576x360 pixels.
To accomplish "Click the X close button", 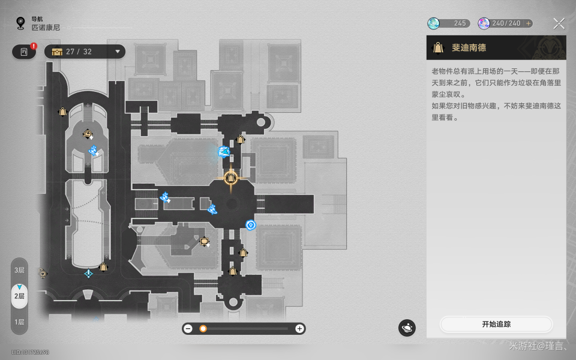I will (x=559, y=23).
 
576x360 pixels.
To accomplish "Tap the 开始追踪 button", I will (x=496, y=324).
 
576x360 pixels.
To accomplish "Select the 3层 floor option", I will (x=20, y=270).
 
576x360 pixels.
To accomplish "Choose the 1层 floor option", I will (x=20, y=322).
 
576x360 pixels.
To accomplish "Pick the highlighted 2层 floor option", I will (x=20, y=296).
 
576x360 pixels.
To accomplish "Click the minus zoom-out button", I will (x=188, y=328).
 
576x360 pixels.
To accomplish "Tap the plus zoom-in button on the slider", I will (x=299, y=328).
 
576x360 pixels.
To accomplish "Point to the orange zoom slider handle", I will (x=203, y=328).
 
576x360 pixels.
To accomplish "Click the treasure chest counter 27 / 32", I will (x=79, y=52).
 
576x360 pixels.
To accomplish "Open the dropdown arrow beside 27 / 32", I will (x=118, y=52).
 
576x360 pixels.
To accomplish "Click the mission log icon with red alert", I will (x=24, y=52).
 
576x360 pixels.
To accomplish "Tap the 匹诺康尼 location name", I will (x=46, y=28).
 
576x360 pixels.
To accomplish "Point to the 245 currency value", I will (x=460, y=23).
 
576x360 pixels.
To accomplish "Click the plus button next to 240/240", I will (x=528, y=23).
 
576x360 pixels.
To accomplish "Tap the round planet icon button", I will (x=407, y=328).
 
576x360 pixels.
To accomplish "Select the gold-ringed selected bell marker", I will (x=231, y=178).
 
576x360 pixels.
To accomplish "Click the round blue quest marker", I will (x=251, y=225).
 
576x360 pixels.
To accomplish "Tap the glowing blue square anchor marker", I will (x=224, y=152).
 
